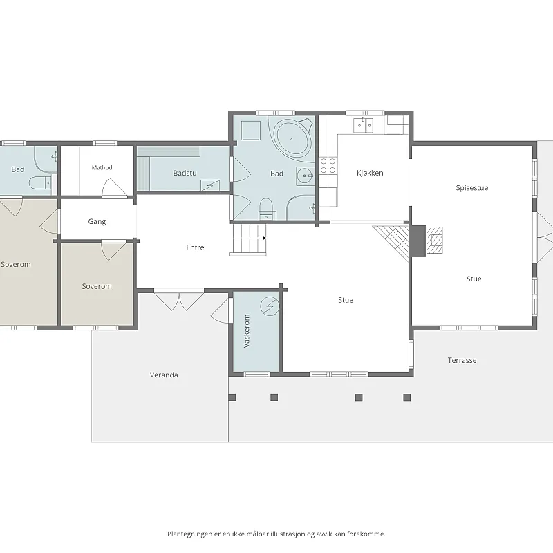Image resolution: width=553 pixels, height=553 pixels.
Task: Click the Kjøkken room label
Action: pos(370,173)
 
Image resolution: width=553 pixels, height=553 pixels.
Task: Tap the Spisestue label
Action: pos(472,187)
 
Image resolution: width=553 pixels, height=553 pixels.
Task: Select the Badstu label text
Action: pos(185,173)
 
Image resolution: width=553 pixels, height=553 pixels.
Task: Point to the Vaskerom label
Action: pos(247,331)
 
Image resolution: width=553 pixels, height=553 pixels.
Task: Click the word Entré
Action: pos(195,247)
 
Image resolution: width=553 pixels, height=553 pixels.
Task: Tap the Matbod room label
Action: pos(102,167)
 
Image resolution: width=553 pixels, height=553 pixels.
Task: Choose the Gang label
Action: pos(97,221)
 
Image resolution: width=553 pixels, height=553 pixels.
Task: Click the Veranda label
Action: pos(164,375)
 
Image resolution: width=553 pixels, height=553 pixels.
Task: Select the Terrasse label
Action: pos(462,360)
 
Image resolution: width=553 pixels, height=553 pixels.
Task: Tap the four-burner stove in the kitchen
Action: pos(328,166)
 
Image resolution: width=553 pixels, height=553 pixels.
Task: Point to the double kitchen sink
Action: pos(364,125)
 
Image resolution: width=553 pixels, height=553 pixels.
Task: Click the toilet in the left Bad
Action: pos(39,182)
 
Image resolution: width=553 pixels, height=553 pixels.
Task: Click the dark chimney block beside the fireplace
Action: pos(418,241)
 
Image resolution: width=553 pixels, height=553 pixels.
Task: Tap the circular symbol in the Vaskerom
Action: pos(270,306)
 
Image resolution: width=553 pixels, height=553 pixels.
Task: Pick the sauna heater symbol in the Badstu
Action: pos(210,185)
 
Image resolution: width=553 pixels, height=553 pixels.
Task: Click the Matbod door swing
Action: pos(113,187)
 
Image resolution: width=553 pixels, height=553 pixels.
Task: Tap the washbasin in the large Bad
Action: pos(305,176)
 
